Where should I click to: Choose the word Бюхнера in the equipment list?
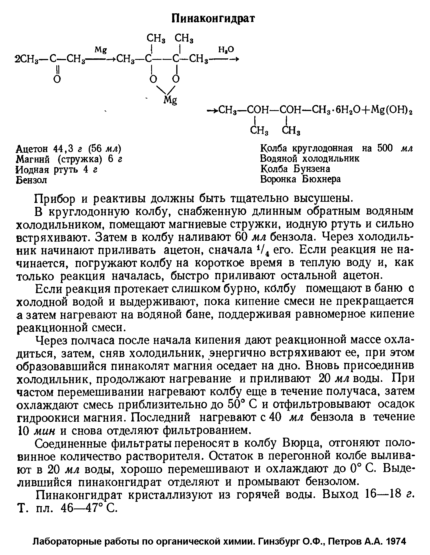[x=321, y=179]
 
